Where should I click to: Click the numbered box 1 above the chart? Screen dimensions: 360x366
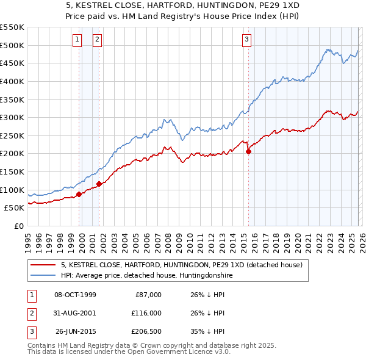(77, 40)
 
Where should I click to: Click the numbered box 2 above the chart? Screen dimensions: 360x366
(97, 40)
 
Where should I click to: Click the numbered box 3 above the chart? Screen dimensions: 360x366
(246, 40)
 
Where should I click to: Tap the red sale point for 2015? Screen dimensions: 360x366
(248, 151)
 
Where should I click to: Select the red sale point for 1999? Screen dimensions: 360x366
(79, 195)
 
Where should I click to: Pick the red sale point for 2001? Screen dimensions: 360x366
(99, 184)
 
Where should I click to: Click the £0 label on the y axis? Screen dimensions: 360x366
(18, 226)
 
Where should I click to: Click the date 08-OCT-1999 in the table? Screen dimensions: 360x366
(75, 295)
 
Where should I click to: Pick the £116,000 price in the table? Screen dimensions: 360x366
(146, 313)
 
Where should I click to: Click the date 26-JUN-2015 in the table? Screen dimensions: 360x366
(76, 332)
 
